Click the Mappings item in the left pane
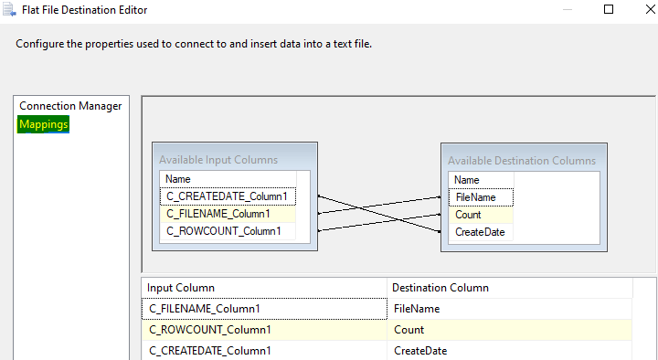pos(43,124)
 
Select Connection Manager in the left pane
pos(70,106)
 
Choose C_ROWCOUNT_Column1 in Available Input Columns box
pos(224,231)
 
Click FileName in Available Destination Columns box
pos(475,197)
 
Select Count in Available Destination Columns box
pos(468,215)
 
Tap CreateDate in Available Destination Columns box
pos(480,232)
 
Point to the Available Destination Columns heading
pos(521,161)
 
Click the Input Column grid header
pos(181,288)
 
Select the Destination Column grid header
pos(440,288)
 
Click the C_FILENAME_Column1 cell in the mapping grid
pos(205,309)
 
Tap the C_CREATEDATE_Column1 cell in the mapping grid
pos(209,351)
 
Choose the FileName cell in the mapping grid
pos(417,309)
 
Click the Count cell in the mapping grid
pos(409,330)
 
